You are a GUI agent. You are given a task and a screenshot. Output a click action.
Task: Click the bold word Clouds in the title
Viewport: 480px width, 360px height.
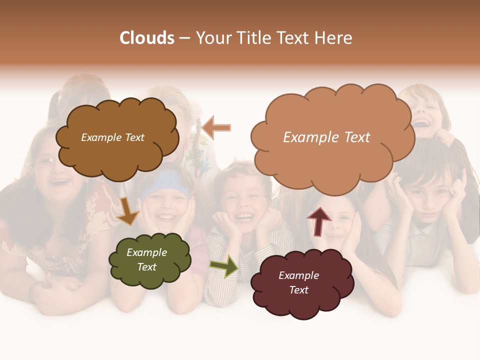tap(147, 37)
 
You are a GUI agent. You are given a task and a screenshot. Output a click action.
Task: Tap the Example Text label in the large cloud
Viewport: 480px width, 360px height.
tap(326, 137)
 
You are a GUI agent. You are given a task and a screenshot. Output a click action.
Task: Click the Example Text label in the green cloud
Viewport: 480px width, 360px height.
tap(146, 259)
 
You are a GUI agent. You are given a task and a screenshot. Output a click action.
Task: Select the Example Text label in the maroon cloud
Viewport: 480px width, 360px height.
tap(298, 282)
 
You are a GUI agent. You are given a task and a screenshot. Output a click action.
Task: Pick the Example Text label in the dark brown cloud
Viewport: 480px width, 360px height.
tap(112, 137)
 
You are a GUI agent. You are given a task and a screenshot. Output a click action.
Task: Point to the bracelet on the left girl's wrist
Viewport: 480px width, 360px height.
tap(33, 290)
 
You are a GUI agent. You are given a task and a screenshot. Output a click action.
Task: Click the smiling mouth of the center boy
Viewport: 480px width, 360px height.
tap(244, 216)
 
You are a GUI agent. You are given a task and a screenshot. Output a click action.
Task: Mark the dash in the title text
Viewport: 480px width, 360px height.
tap(184, 38)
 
